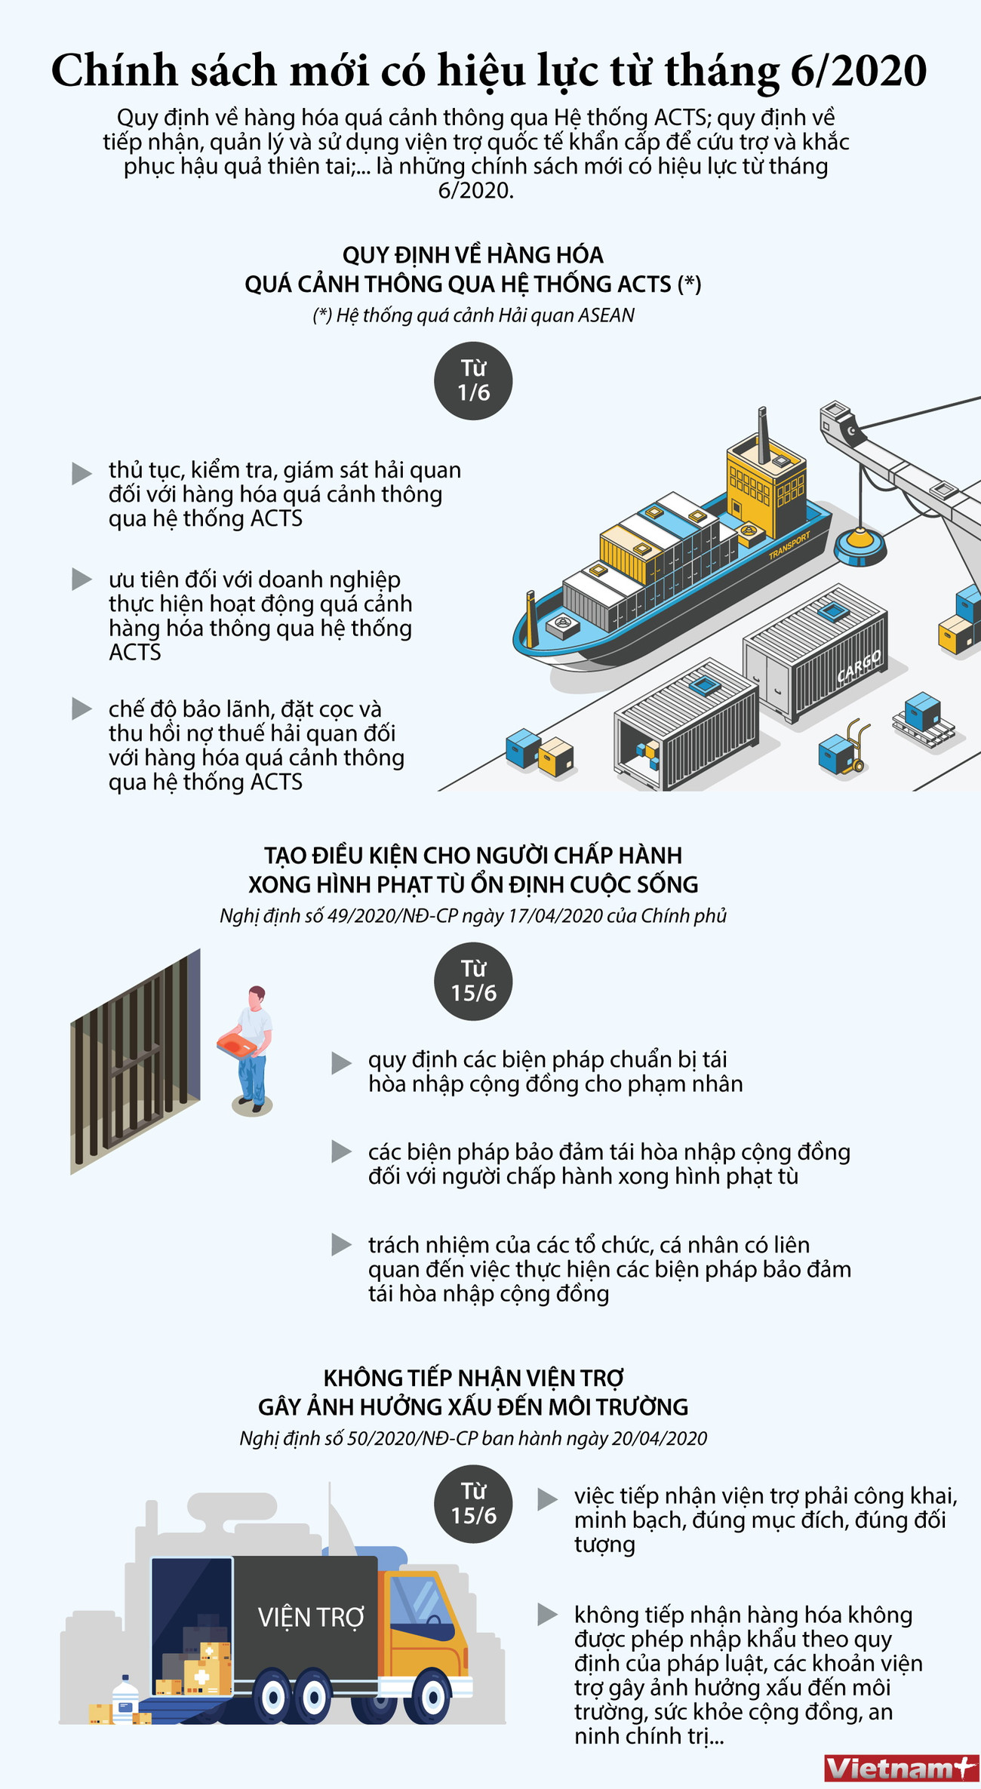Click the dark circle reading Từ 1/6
[x=473, y=380]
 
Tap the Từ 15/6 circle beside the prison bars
[x=473, y=981]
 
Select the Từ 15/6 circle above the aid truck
[x=473, y=1503]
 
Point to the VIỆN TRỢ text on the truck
[x=311, y=1617]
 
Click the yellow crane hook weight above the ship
[x=860, y=545]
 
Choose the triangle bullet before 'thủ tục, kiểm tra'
[x=81, y=473]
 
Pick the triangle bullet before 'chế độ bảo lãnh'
[x=81, y=709]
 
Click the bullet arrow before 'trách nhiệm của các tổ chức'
[x=341, y=1244]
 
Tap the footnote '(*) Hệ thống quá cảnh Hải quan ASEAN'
[x=473, y=315]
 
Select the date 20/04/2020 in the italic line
[x=659, y=1438]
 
